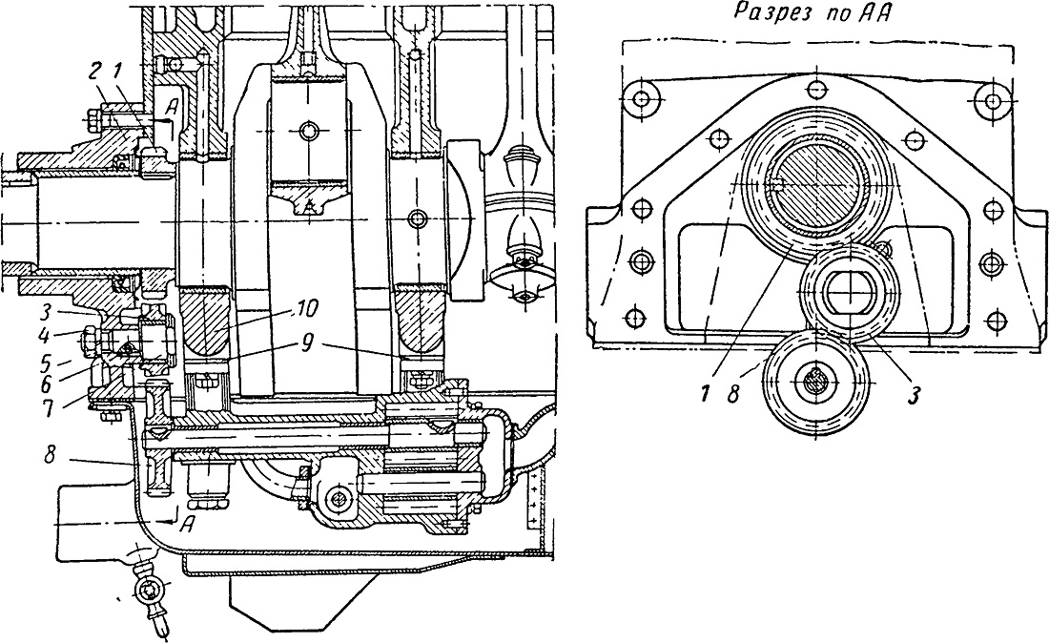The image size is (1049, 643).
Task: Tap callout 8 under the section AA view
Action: tap(733, 395)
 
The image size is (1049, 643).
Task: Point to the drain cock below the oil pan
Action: tap(149, 592)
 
